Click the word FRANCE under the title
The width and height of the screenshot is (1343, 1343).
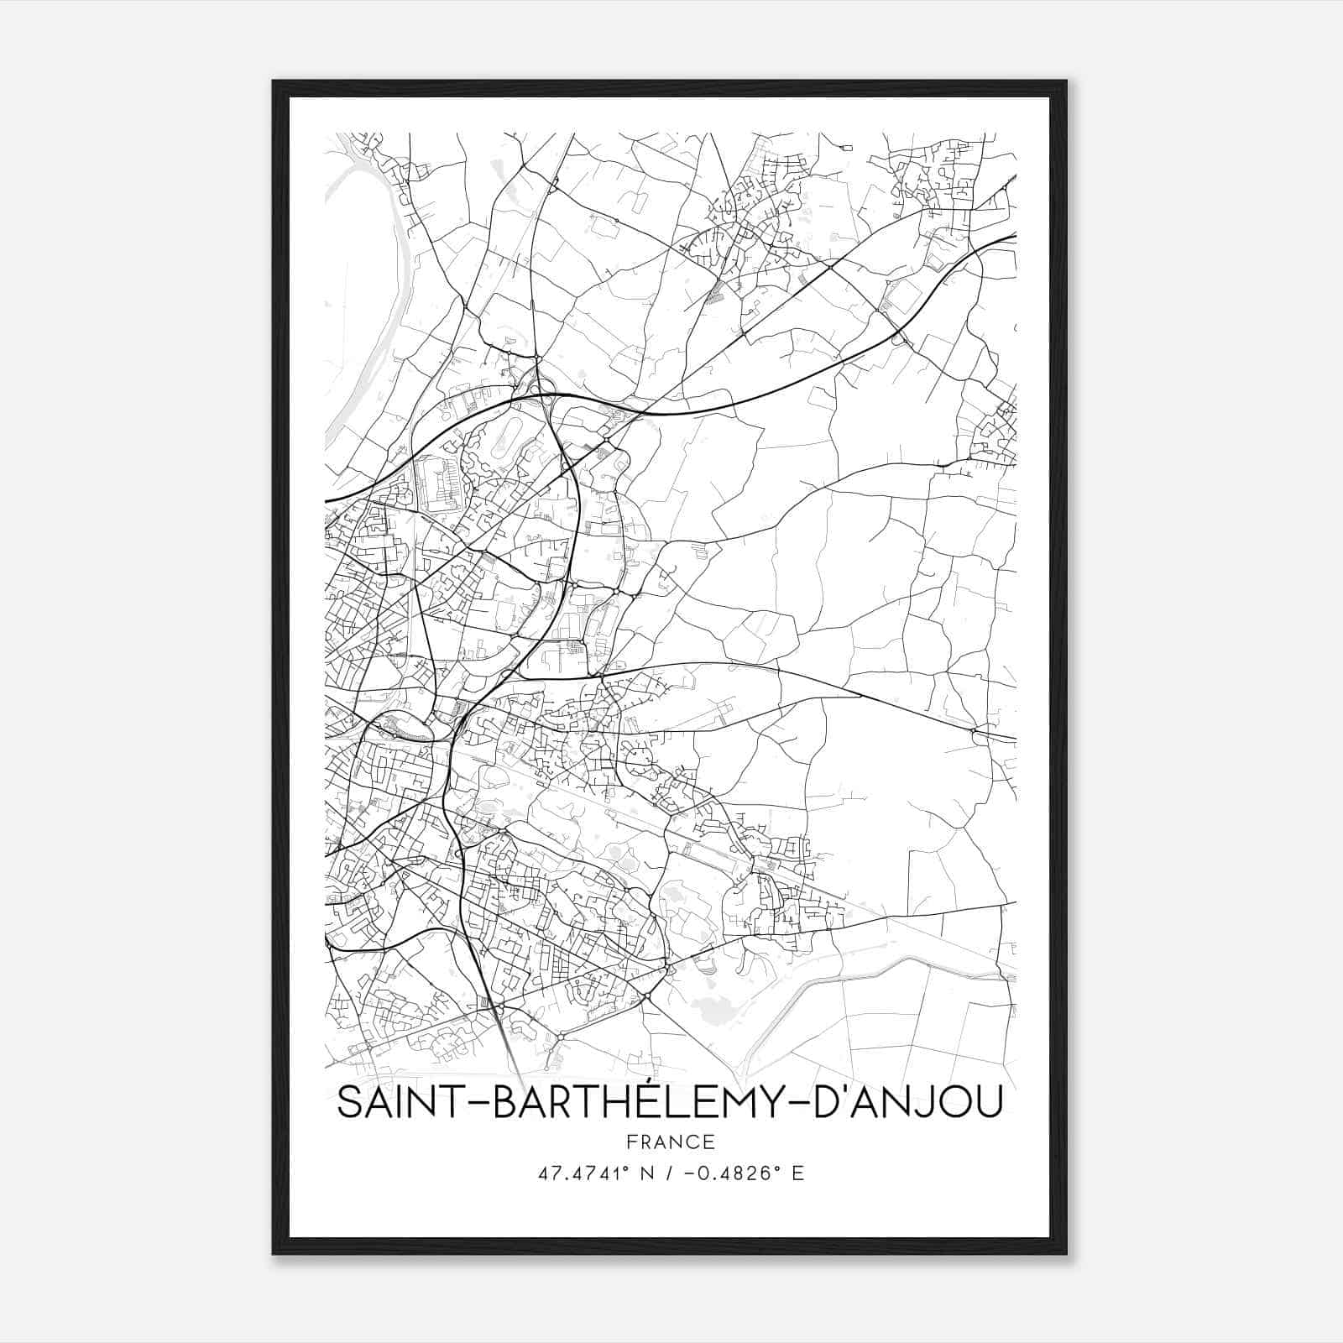pos(670,1142)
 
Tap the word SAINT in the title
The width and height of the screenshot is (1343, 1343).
pos(393,1103)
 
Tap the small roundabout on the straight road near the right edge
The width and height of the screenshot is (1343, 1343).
pos(974,731)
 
